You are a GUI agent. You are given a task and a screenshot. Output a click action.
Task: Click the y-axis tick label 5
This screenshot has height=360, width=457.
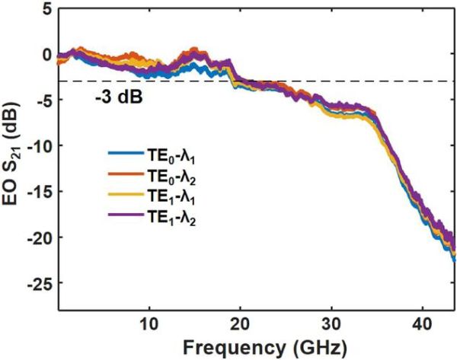[47, 10]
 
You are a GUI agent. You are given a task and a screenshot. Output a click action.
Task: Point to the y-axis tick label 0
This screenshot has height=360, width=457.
[47, 55]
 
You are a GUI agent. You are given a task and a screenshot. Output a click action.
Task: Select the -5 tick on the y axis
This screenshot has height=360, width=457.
[44, 100]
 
